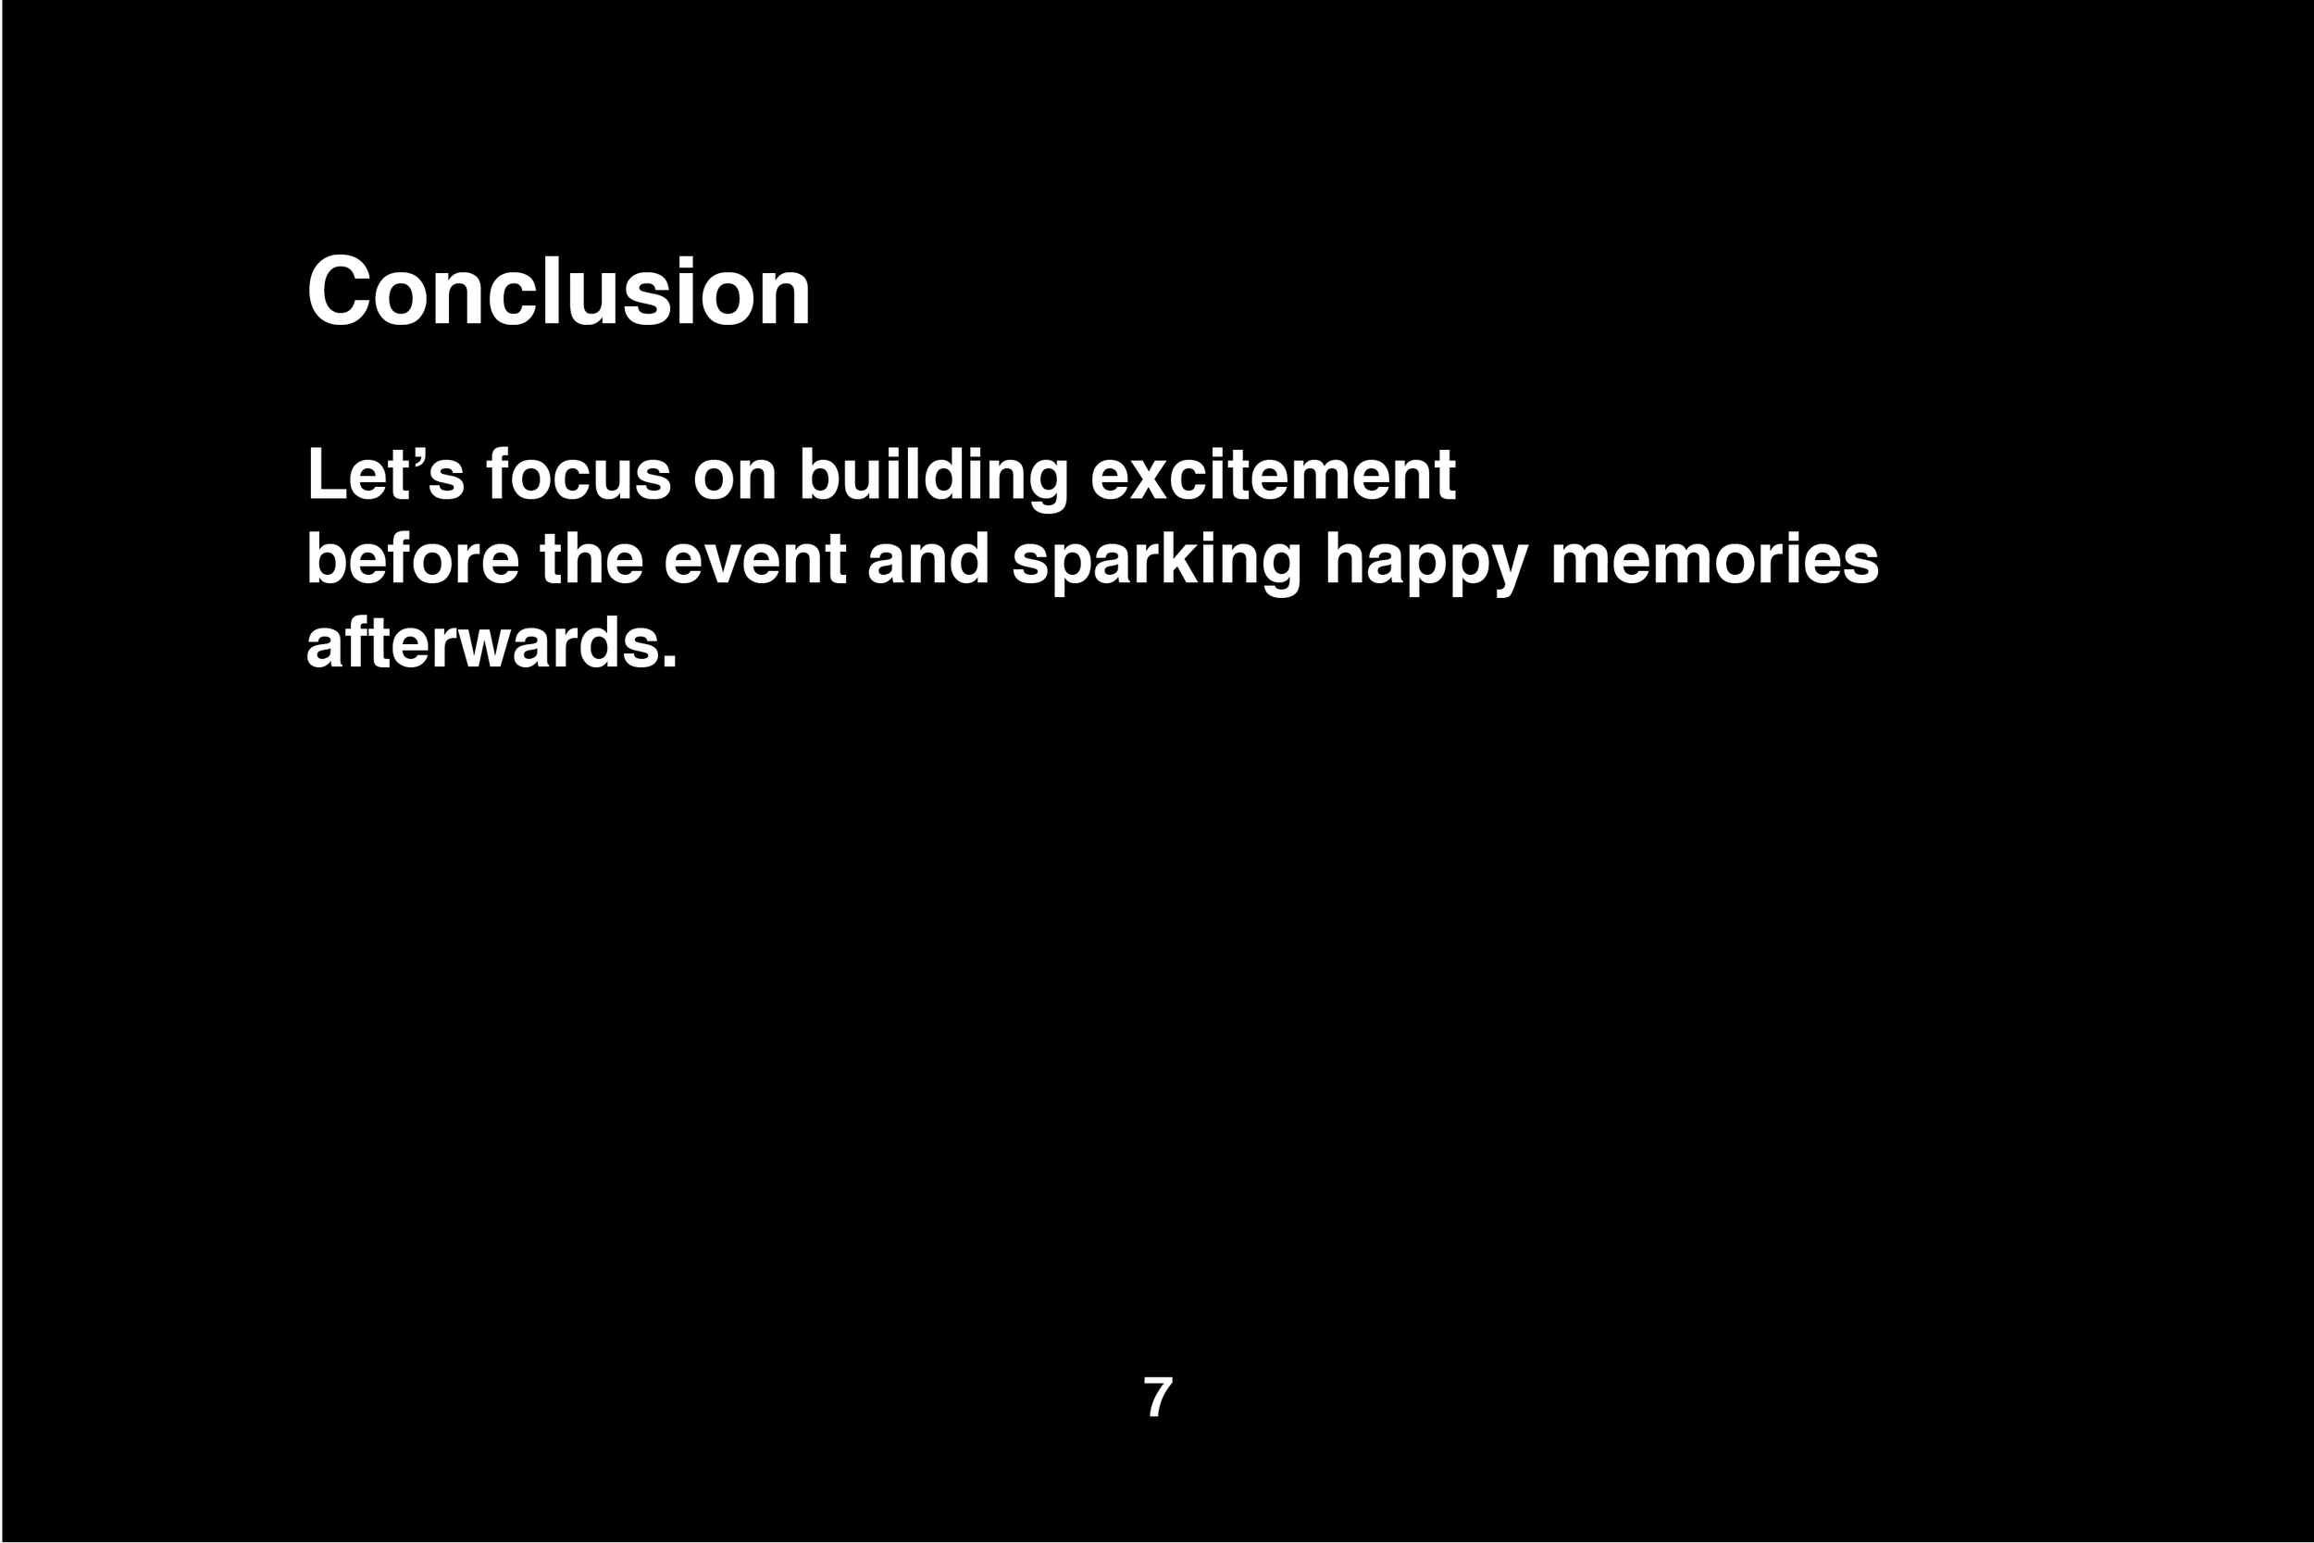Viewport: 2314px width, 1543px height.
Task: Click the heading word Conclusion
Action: tap(558, 292)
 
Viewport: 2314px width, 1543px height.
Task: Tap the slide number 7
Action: tap(1158, 1398)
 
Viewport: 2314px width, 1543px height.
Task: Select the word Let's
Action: tap(385, 474)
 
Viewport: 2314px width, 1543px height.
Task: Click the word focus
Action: tap(578, 474)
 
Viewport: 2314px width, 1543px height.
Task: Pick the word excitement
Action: tap(1273, 474)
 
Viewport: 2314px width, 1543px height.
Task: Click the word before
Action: tap(412, 559)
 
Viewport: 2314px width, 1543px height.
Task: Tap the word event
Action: tap(754, 559)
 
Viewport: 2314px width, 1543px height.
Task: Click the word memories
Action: tap(1715, 559)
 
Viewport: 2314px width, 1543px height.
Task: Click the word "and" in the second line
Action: tap(927, 559)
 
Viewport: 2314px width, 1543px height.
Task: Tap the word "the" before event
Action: tap(591, 559)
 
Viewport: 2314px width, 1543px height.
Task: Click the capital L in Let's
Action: tap(327, 474)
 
